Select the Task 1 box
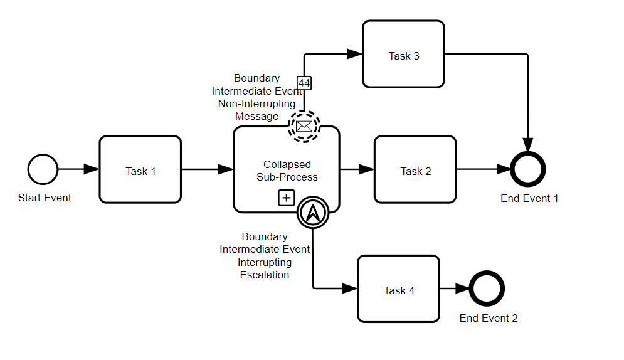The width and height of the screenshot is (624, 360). (x=140, y=169)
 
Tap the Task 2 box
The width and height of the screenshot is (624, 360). (x=415, y=169)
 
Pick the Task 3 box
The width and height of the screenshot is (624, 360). (x=403, y=54)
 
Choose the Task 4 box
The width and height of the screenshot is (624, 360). (x=399, y=289)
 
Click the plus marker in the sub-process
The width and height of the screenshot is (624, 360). (x=287, y=198)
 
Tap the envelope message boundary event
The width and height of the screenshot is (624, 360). (x=304, y=127)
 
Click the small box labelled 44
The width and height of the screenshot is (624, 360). (x=304, y=83)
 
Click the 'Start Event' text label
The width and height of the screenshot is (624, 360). (x=45, y=198)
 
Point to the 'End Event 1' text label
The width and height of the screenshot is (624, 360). (x=529, y=198)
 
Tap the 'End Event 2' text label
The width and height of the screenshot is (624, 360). (x=489, y=318)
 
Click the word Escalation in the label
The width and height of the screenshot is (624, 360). (x=265, y=275)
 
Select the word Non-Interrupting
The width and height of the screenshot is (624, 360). (x=256, y=104)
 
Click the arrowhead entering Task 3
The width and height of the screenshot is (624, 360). (x=354, y=54)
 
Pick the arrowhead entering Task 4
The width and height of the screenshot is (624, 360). (x=350, y=289)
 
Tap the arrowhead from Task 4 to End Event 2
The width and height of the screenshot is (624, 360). (x=462, y=289)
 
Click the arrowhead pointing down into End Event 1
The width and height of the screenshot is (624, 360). (x=528, y=145)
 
